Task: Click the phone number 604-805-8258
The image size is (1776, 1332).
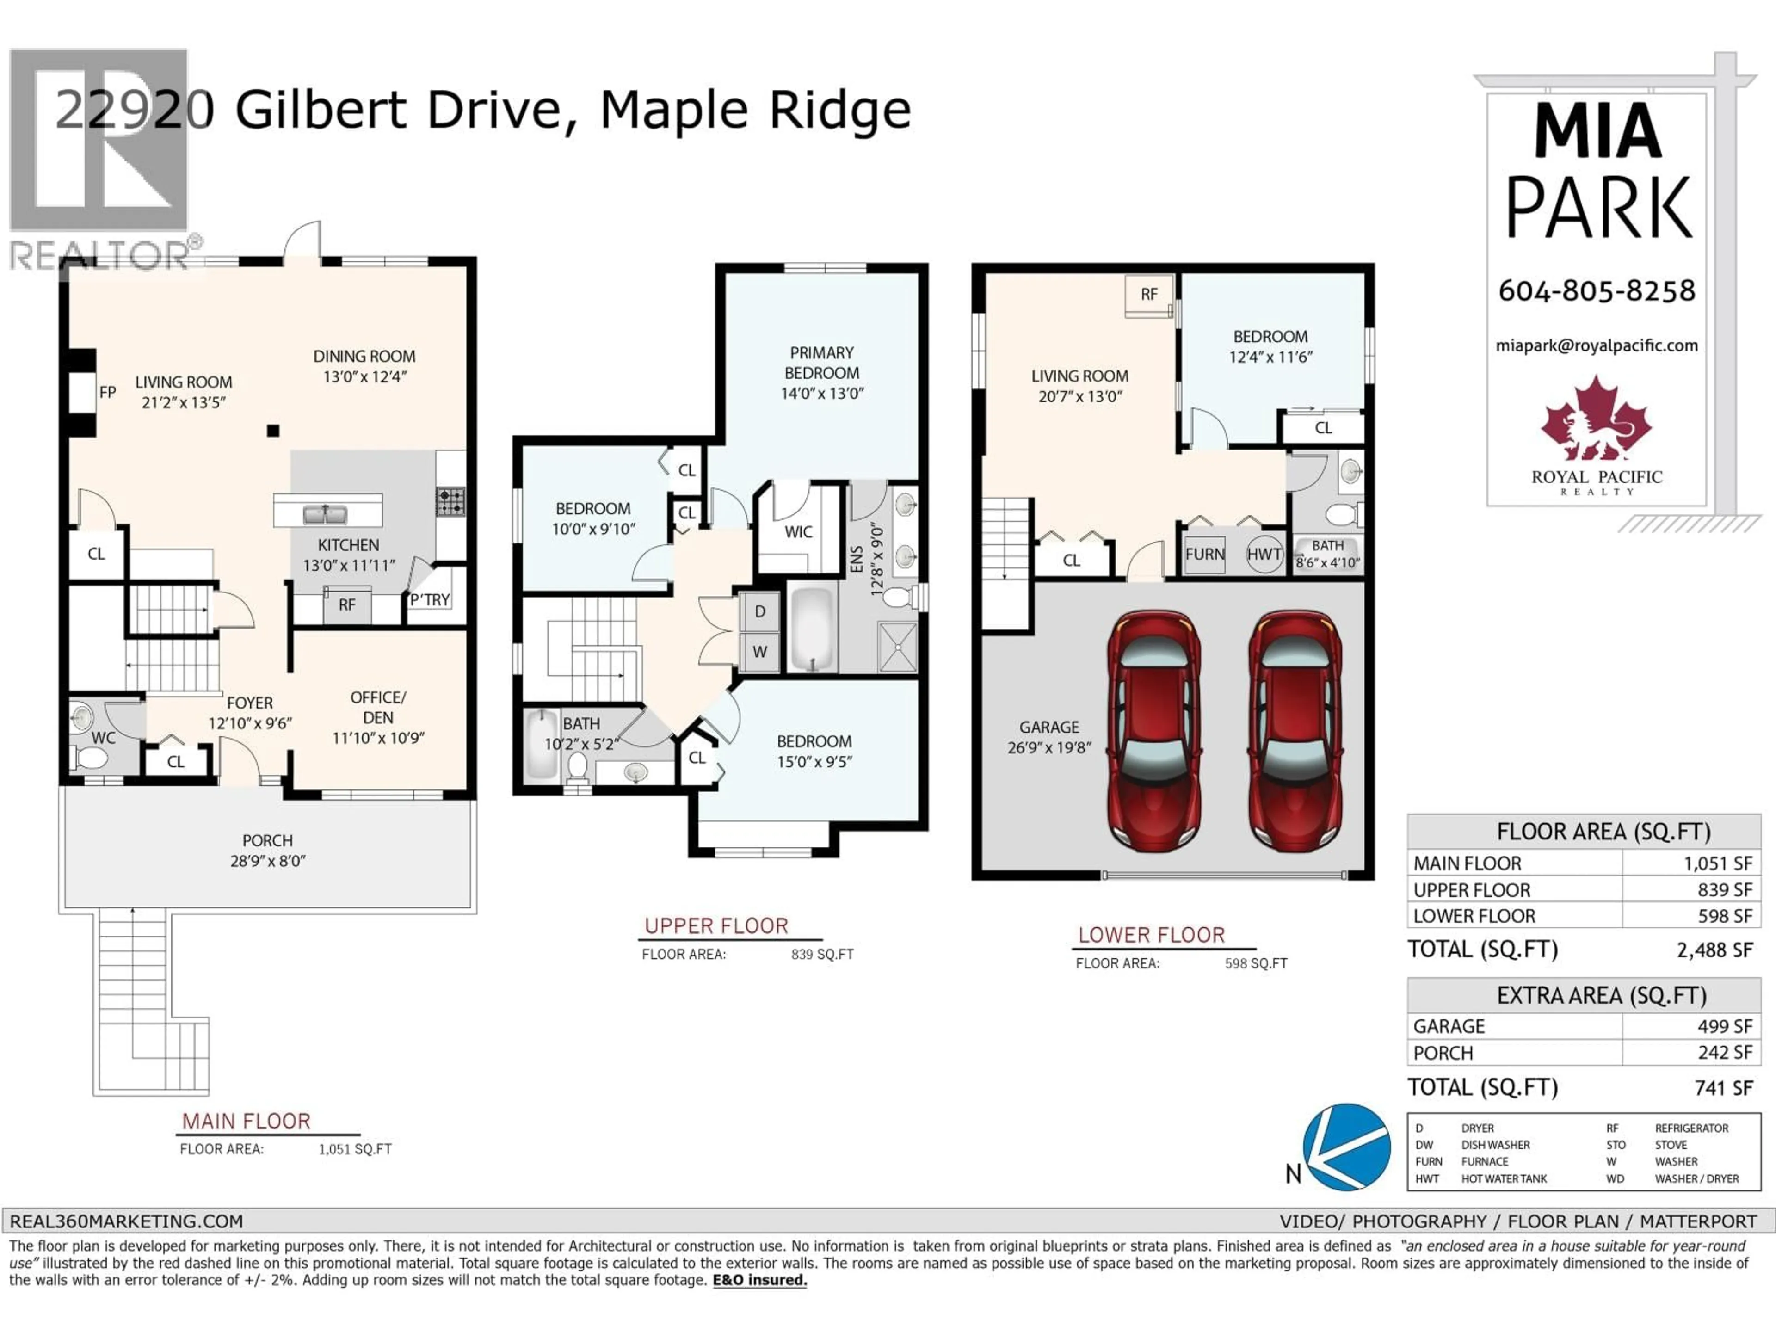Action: [1596, 290]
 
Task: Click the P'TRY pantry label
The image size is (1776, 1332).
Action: [430, 600]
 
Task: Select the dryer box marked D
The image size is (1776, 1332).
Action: [759, 612]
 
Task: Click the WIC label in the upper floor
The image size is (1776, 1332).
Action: [798, 531]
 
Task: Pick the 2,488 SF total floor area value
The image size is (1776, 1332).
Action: [1714, 950]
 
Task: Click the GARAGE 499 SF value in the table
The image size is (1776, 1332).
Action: [1725, 1026]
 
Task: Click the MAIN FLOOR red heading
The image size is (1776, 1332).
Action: [246, 1121]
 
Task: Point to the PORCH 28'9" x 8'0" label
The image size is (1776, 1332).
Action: [267, 850]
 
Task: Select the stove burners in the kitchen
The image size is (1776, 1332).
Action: [450, 502]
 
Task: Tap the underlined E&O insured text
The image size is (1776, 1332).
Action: [759, 1280]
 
